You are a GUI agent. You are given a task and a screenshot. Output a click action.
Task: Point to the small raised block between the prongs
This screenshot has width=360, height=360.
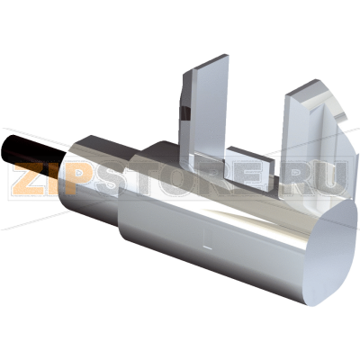point(250,168)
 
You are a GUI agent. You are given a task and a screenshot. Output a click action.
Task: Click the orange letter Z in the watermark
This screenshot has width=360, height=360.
point(30,178)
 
